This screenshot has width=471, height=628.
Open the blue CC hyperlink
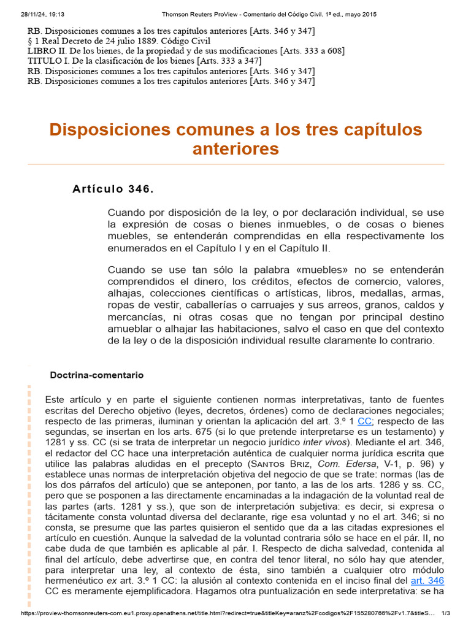coord(364,421)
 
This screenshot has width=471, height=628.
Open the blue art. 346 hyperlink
coord(428,580)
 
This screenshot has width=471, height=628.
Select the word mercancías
coord(138,316)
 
